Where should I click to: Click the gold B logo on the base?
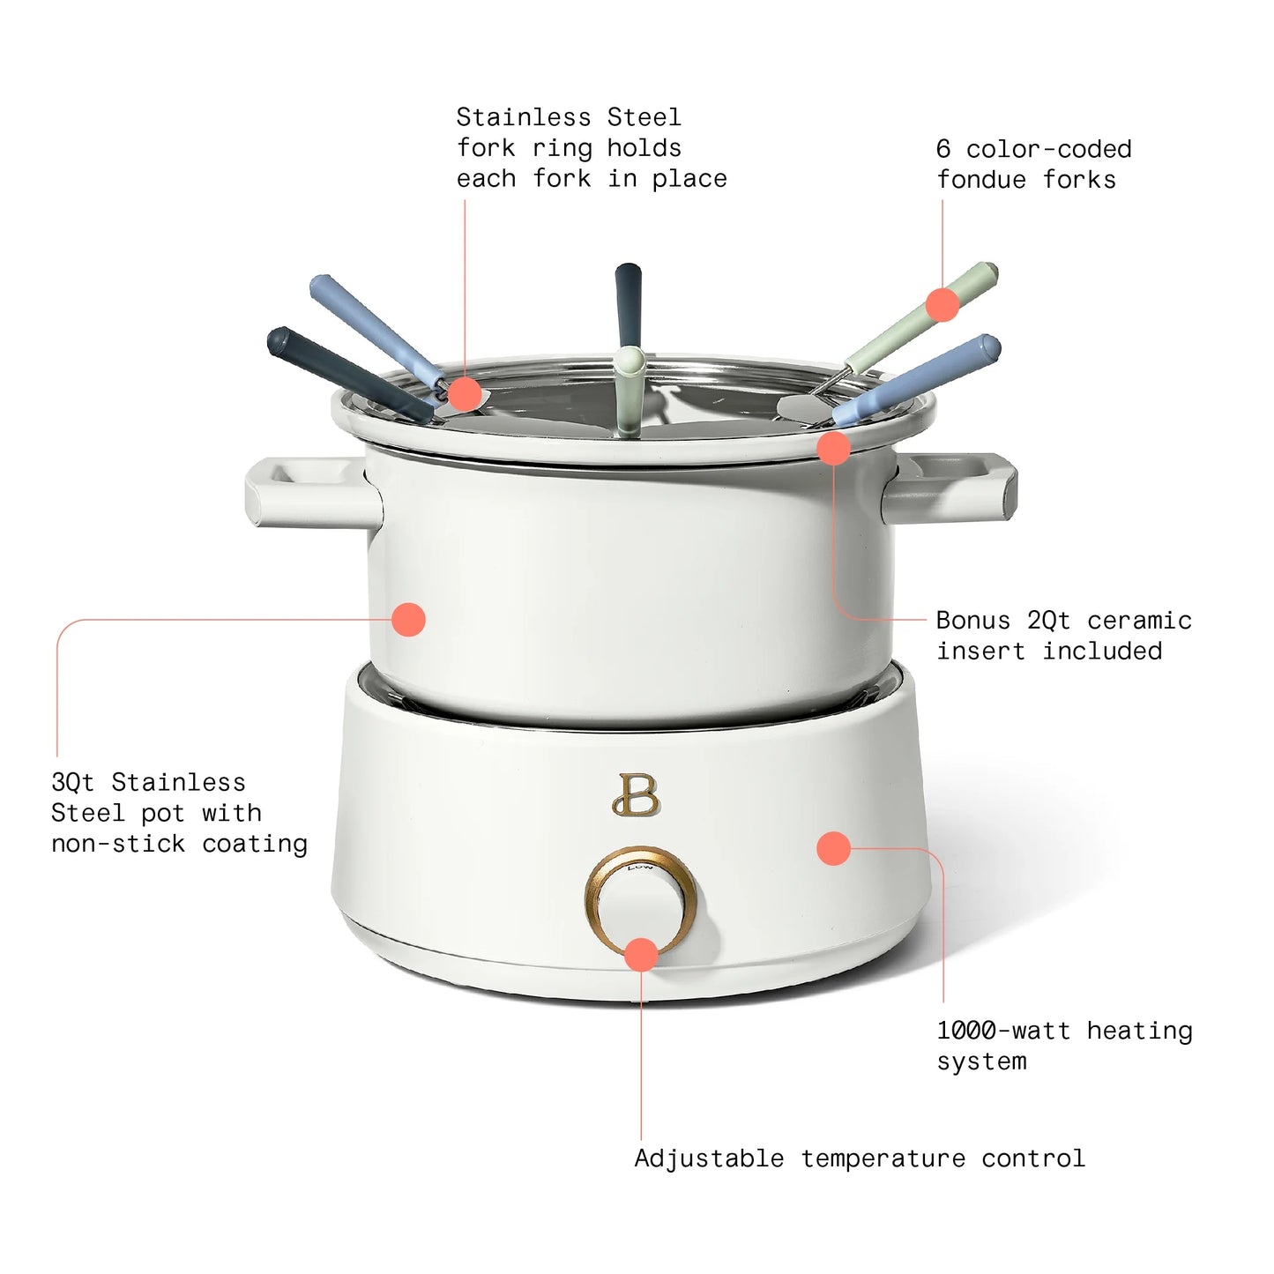636,795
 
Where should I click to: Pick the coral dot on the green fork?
942,305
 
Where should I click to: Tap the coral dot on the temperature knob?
641,955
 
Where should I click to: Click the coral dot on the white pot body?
408,620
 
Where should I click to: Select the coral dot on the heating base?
833,848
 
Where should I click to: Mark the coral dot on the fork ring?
465,393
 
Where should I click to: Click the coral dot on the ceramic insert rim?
833,449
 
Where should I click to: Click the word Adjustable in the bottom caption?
709,1159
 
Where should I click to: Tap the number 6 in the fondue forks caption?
943,149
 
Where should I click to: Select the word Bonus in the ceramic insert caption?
973,621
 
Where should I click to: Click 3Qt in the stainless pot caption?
72,783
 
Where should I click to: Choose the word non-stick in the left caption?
118,844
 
